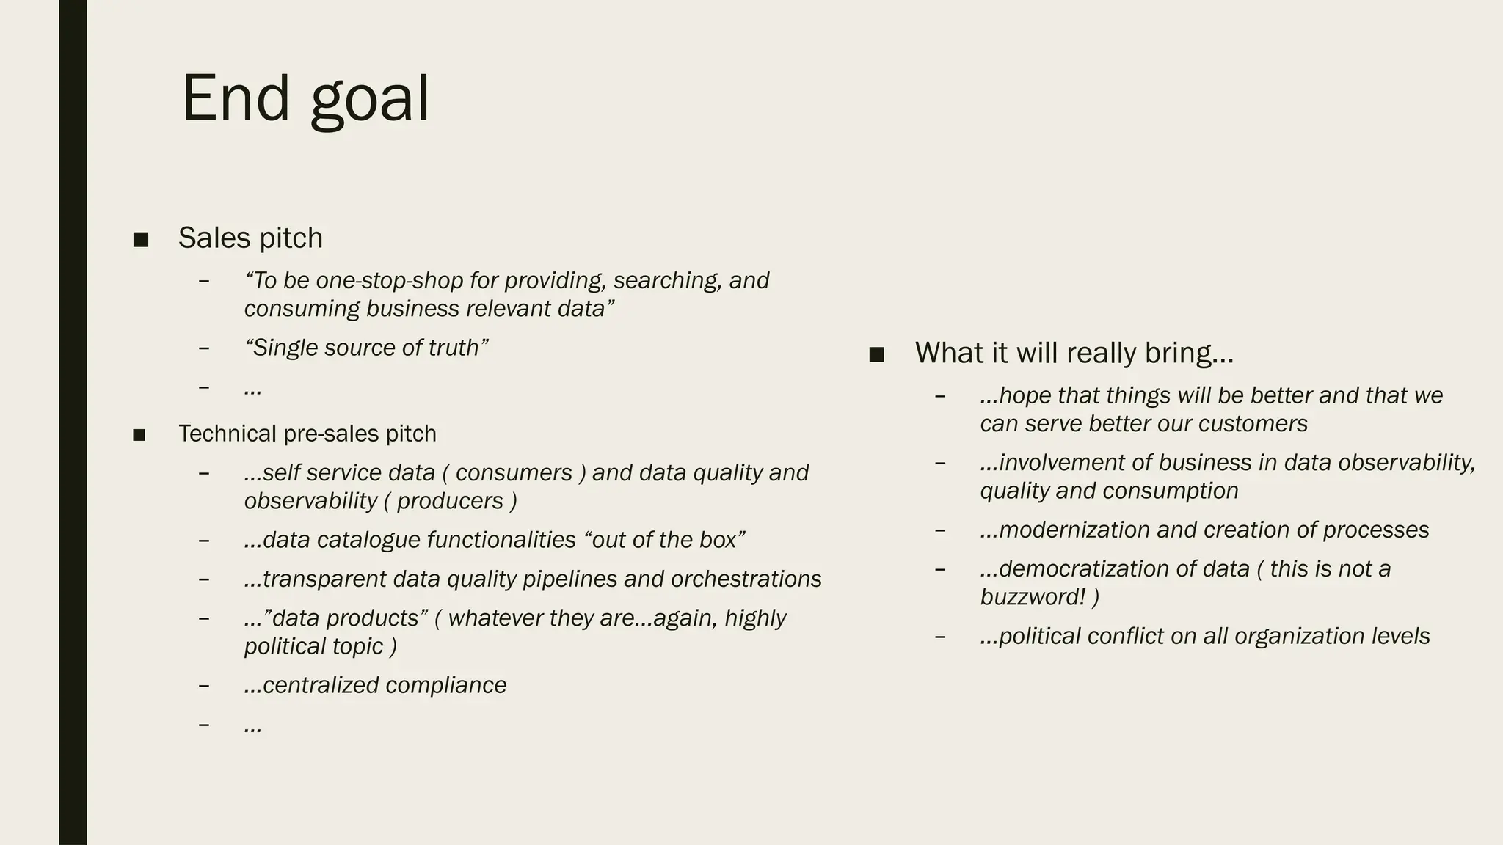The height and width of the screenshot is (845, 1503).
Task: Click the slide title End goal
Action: [305, 98]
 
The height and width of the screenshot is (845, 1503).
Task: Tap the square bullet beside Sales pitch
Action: [141, 239]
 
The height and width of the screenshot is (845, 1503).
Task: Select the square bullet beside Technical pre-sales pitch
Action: [139, 435]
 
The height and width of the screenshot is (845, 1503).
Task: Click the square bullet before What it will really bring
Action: [876, 355]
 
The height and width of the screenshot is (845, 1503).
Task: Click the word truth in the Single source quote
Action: [457, 348]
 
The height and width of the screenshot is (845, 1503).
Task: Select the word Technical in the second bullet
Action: [228, 434]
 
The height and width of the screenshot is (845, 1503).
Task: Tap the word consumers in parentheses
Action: [514, 473]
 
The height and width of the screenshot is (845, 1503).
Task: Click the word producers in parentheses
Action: [450, 501]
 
